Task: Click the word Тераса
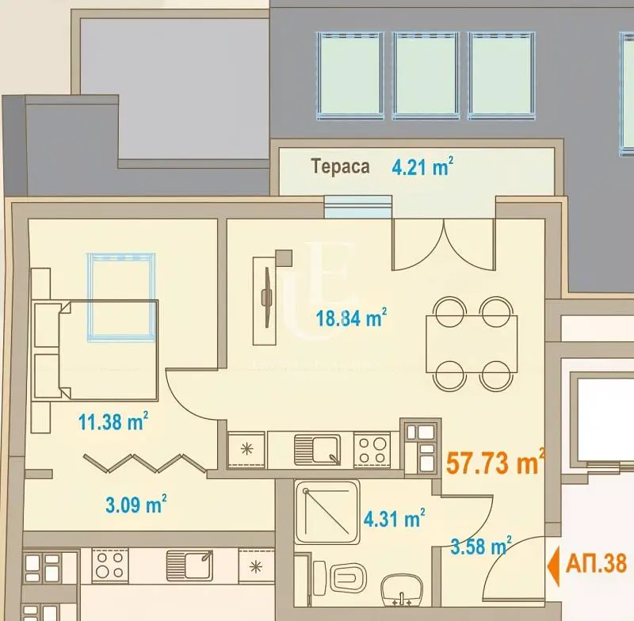[x=340, y=167]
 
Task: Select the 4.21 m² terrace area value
[x=422, y=167]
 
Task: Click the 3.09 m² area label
[x=136, y=503]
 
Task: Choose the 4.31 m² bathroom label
[x=392, y=520]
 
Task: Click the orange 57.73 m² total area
[x=495, y=463]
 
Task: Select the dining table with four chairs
[x=472, y=344]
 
